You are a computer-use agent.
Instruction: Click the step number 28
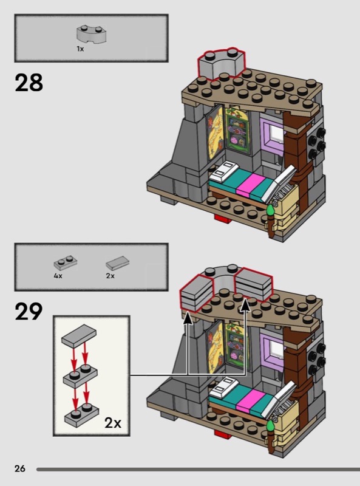[x=29, y=83]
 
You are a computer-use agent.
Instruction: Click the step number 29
[x=29, y=311]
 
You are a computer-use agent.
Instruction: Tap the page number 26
[x=20, y=468]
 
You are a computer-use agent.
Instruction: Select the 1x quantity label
[x=80, y=49]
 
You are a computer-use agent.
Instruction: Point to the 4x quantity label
[x=58, y=276]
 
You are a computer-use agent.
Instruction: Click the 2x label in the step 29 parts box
[x=110, y=276]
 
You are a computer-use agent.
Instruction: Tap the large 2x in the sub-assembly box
[x=113, y=423]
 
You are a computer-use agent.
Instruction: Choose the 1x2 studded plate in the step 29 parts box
[x=66, y=263]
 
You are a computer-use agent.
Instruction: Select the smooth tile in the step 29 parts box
[x=117, y=263]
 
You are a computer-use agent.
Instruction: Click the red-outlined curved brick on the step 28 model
[x=222, y=64]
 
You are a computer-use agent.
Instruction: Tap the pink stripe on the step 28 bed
[x=250, y=184]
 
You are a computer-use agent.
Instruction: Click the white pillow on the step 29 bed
[x=224, y=385]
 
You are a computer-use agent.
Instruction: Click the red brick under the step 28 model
[x=223, y=218]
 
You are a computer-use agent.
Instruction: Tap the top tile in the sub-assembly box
[x=79, y=335]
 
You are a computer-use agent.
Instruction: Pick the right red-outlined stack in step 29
[x=254, y=284]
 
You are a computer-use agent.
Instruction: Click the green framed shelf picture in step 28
[x=237, y=128]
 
